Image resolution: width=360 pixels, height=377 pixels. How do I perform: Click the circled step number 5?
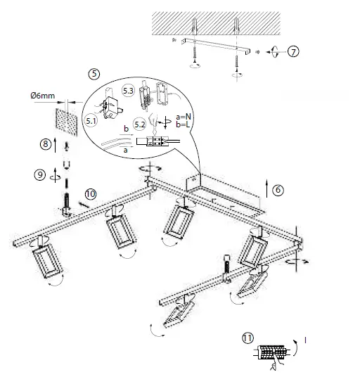pos(94,73)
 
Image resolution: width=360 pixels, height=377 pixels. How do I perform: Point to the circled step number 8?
pos(46,144)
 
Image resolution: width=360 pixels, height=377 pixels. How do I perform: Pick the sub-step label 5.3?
pos(129,90)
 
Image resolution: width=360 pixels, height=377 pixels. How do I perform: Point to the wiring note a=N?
pos(186,115)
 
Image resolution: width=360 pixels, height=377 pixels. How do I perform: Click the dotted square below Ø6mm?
pos(67,121)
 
